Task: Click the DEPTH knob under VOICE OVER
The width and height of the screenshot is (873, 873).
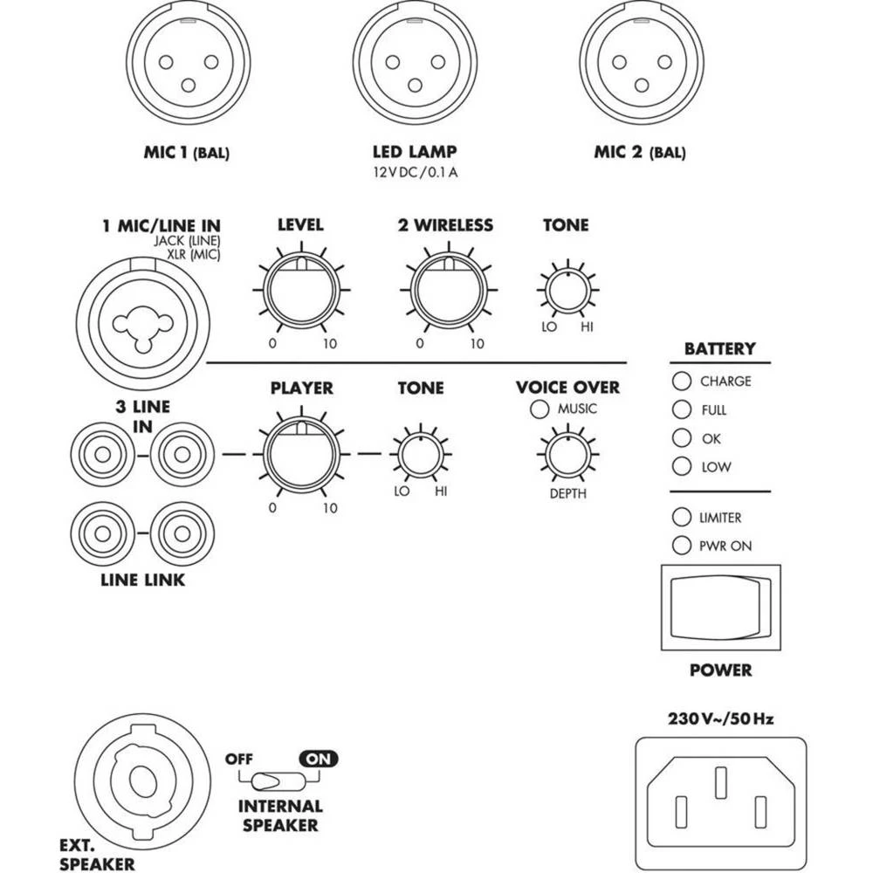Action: pyautogui.click(x=567, y=454)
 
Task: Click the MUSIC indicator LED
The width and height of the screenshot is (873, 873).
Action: pyautogui.click(x=539, y=409)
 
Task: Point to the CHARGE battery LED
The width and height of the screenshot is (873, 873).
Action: pyautogui.click(x=679, y=382)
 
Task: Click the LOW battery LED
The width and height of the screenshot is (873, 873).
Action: pyautogui.click(x=679, y=466)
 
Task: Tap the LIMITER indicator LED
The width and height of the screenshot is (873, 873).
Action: pyautogui.click(x=679, y=517)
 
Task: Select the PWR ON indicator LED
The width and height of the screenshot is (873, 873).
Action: pyautogui.click(x=679, y=546)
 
